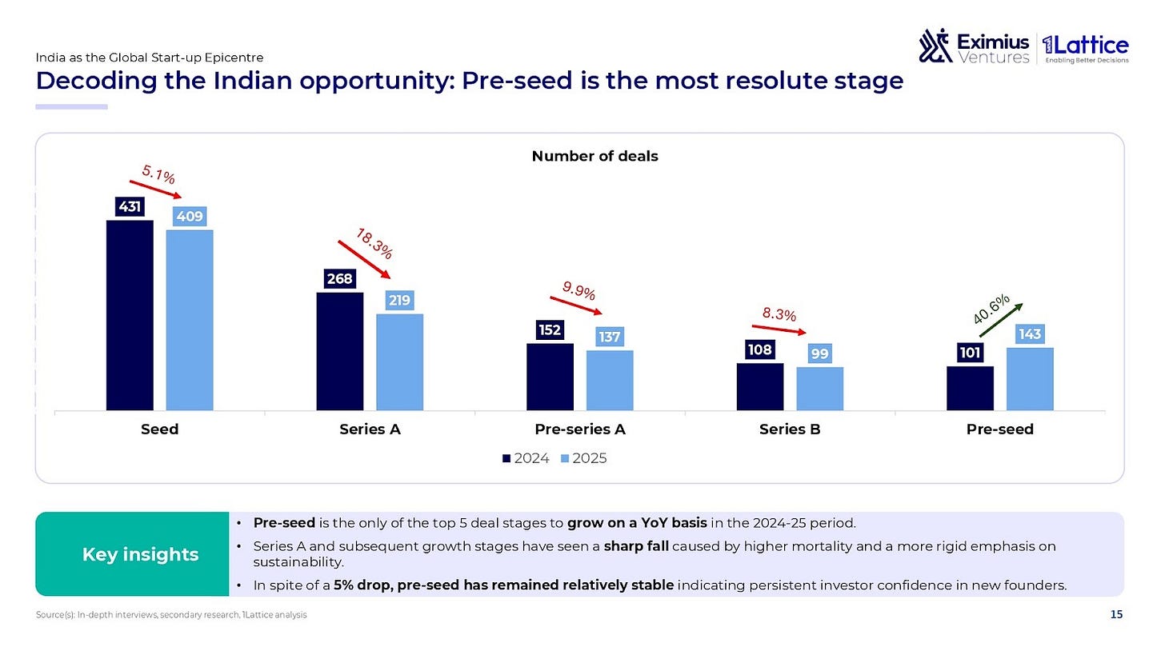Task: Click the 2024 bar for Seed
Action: tap(130, 316)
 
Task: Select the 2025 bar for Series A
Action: tap(399, 362)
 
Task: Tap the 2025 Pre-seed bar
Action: tap(1030, 379)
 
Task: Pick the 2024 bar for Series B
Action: tap(760, 387)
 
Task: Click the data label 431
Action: tap(130, 207)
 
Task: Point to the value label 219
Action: tap(399, 300)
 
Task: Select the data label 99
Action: tap(819, 353)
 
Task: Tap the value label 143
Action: tap(1030, 333)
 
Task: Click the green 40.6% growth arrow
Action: tap(1001, 320)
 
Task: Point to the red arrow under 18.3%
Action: tap(364, 259)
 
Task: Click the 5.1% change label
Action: tap(158, 174)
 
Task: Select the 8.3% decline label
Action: tap(779, 314)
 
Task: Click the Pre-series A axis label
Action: tap(580, 429)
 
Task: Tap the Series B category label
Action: tap(790, 429)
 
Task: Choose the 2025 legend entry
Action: tap(583, 458)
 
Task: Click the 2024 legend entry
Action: tap(525, 458)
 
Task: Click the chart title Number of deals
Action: tap(595, 156)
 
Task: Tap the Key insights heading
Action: tap(141, 554)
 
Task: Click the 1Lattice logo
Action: tap(1086, 48)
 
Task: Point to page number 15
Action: tap(1116, 614)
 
